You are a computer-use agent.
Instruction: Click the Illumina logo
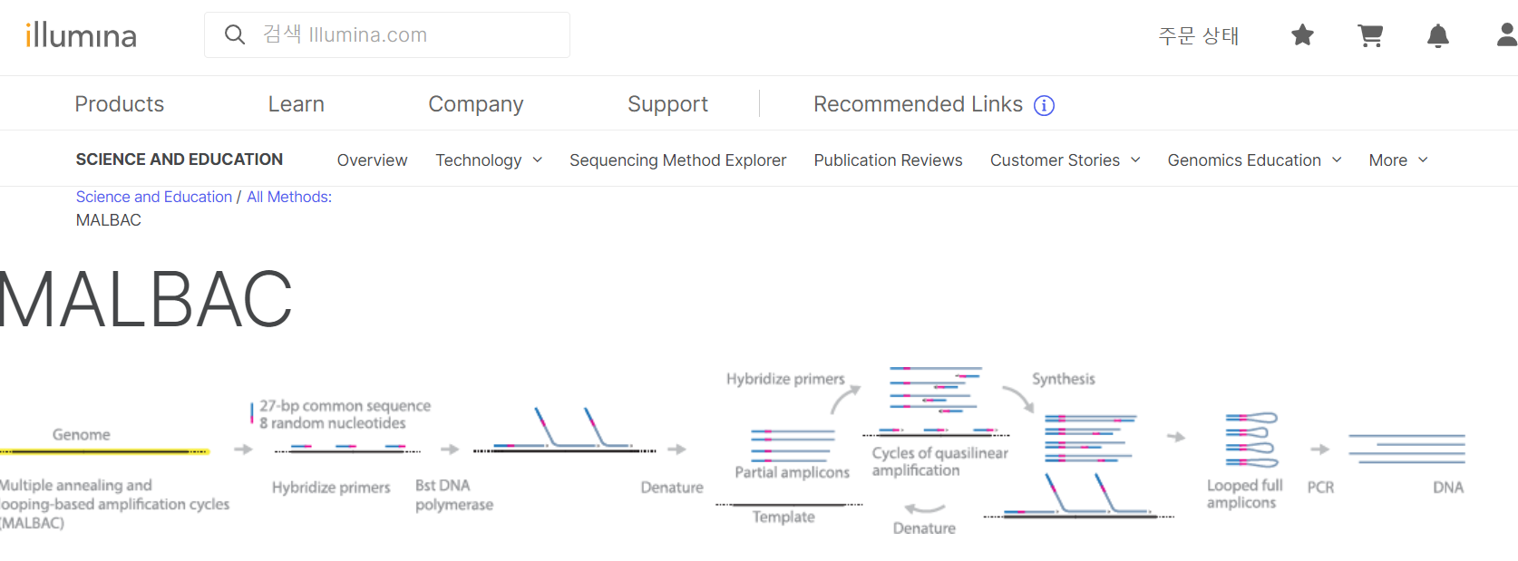[81, 35]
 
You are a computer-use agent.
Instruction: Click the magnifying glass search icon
[235, 34]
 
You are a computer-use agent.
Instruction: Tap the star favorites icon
[1302, 35]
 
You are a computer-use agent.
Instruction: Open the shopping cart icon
[1370, 35]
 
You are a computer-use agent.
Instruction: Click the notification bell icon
[1437, 36]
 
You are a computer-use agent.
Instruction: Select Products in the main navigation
[119, 104]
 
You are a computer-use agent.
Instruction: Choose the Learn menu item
[296, 104]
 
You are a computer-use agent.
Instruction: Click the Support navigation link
[667, 104]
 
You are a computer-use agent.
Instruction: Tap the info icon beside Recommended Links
[1045, 106]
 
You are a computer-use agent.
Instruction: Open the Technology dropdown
[489, 160]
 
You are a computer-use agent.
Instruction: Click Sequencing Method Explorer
[677, 160]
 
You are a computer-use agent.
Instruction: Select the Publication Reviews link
[888, 160]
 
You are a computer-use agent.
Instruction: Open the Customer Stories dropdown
[1065, 160]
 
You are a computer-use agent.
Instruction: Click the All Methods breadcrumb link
[289, 197]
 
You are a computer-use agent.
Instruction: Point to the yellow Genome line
[104, 450]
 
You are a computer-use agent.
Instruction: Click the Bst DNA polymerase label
[453, 495]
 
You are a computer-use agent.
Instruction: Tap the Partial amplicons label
[792, 472]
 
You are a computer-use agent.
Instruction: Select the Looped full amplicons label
[1244, 494]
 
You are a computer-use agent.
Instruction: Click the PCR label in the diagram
[1320, 488]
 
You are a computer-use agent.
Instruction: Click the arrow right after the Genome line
[243, 450]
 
